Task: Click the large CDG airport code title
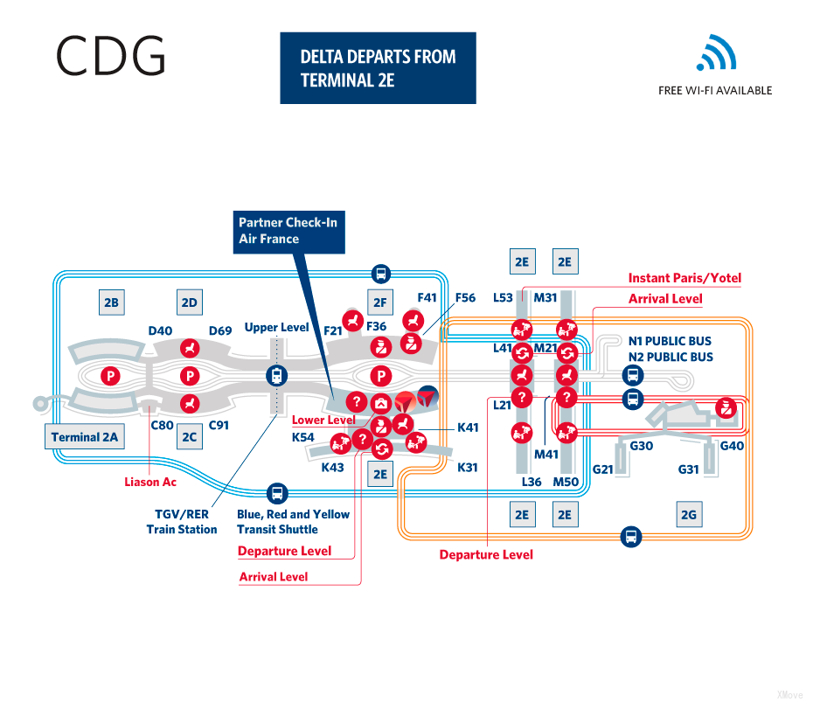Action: pyautogui.click(x=110, y=56)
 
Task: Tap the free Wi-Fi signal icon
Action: pyautogui.click(x=716, y=53)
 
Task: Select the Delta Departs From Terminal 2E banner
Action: pyautogui.click(x=378, y=68)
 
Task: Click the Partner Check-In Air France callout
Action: pyautogui.click(x=288, y=231)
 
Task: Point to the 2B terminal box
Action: pyautogui.click(x=111, y=303)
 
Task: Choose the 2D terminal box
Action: pyautogui.click(x=189, y=303)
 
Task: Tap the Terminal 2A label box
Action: pyautogui.click(x=85, y=437)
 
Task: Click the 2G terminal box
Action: pyautogui.click(x=689, y=515)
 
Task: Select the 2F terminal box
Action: pyautogui.click(x=379, y=303)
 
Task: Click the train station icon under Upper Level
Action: pyautogui.click(x=277, y=376)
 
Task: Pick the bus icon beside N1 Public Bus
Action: pyautogui.click(x=631, y=376)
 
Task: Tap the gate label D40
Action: pyautogui.click(x=160, y=330)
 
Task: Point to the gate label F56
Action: pyautogui.click(x=465, y=298)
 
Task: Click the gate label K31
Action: pyautogui.click(x=468, y=468)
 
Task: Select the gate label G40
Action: pyautogui.click(x=732, y=446)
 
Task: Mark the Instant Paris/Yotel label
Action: pyautogui.click(x=684, y=278)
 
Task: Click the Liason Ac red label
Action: pyautogui.click(x=150, y=482)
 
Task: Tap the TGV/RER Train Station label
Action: pyautogui.click(x=182, y=522)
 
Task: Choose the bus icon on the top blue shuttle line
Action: pyautogui.click(x=380, y=272)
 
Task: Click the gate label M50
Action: pyautogui.click(x=566, y=482)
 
